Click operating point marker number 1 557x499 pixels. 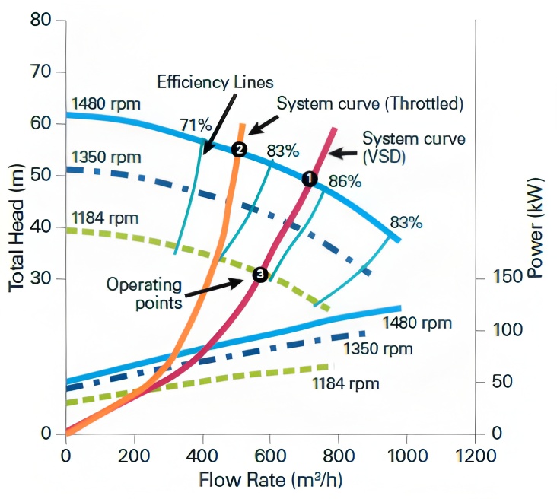(x=309, y=178)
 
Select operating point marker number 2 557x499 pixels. (x=239, y=149)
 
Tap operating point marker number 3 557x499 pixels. (x=260, y=275)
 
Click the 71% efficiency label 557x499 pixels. (x=194, y=125)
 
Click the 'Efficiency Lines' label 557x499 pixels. (x=215, y=81)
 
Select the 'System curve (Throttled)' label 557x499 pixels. (x=370, y=103)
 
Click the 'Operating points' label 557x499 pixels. (x=144, y=294)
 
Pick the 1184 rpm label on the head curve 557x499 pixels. (x=104, y=218)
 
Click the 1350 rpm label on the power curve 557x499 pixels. (x=377, y=349)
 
